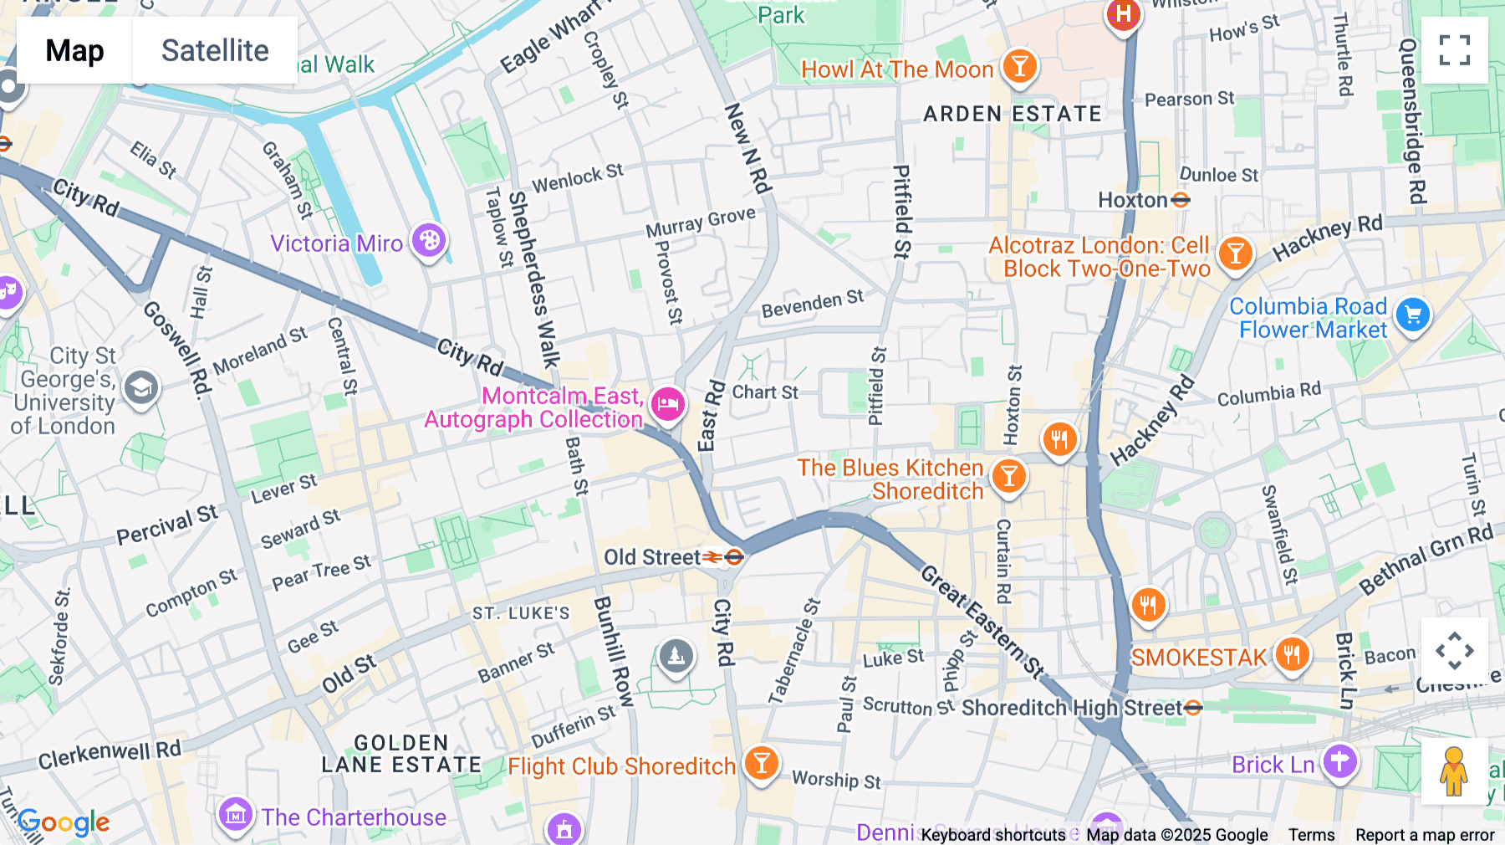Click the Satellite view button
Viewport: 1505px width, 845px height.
point(215,50)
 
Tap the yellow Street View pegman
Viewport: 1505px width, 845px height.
point(1454,771)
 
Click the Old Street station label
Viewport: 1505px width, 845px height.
point(653,557)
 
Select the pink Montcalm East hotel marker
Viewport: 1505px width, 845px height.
point(667,405)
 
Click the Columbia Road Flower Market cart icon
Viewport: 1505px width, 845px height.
point(1413,315)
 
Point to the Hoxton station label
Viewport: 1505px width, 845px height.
point(1133,200)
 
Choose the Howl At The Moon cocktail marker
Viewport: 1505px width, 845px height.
point(1019,66)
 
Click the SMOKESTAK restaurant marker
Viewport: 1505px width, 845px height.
point(1292,655)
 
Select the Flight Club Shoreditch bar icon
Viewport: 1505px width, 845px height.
point(761,764)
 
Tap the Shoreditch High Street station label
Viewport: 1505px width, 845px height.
point(1072,708)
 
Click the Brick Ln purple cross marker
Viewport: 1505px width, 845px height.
point(1339,762)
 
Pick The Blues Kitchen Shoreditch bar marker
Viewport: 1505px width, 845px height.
point(1009,477)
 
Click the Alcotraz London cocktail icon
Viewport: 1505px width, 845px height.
point(1235,253)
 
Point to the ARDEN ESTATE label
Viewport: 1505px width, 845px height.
point(1013,114)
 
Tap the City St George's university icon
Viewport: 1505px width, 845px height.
point(140,388)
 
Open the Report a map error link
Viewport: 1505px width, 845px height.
point(1425,835)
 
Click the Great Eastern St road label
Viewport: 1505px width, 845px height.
point(982,621)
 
